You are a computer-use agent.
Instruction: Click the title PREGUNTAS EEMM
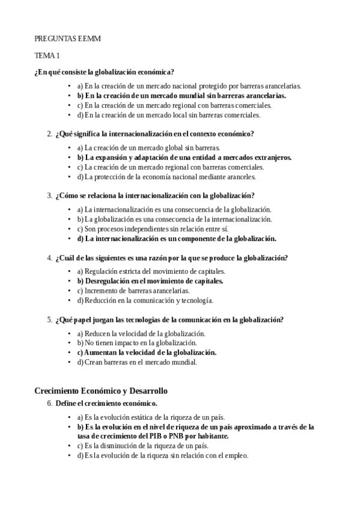[x=67, y=38]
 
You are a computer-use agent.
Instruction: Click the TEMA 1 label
[x=47, y=56]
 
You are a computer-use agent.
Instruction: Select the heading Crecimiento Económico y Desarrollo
[x=100, y=391]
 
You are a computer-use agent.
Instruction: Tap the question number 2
[x=49, y=134]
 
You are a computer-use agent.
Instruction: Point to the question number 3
[x=49, y=195]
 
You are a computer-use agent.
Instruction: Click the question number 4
[x=49, y=258]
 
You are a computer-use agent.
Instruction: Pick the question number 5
[x=49, y=319]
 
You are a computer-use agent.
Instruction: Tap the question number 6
[x=49, y=402]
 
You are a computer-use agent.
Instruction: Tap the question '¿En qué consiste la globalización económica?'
[x=104, y=72]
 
